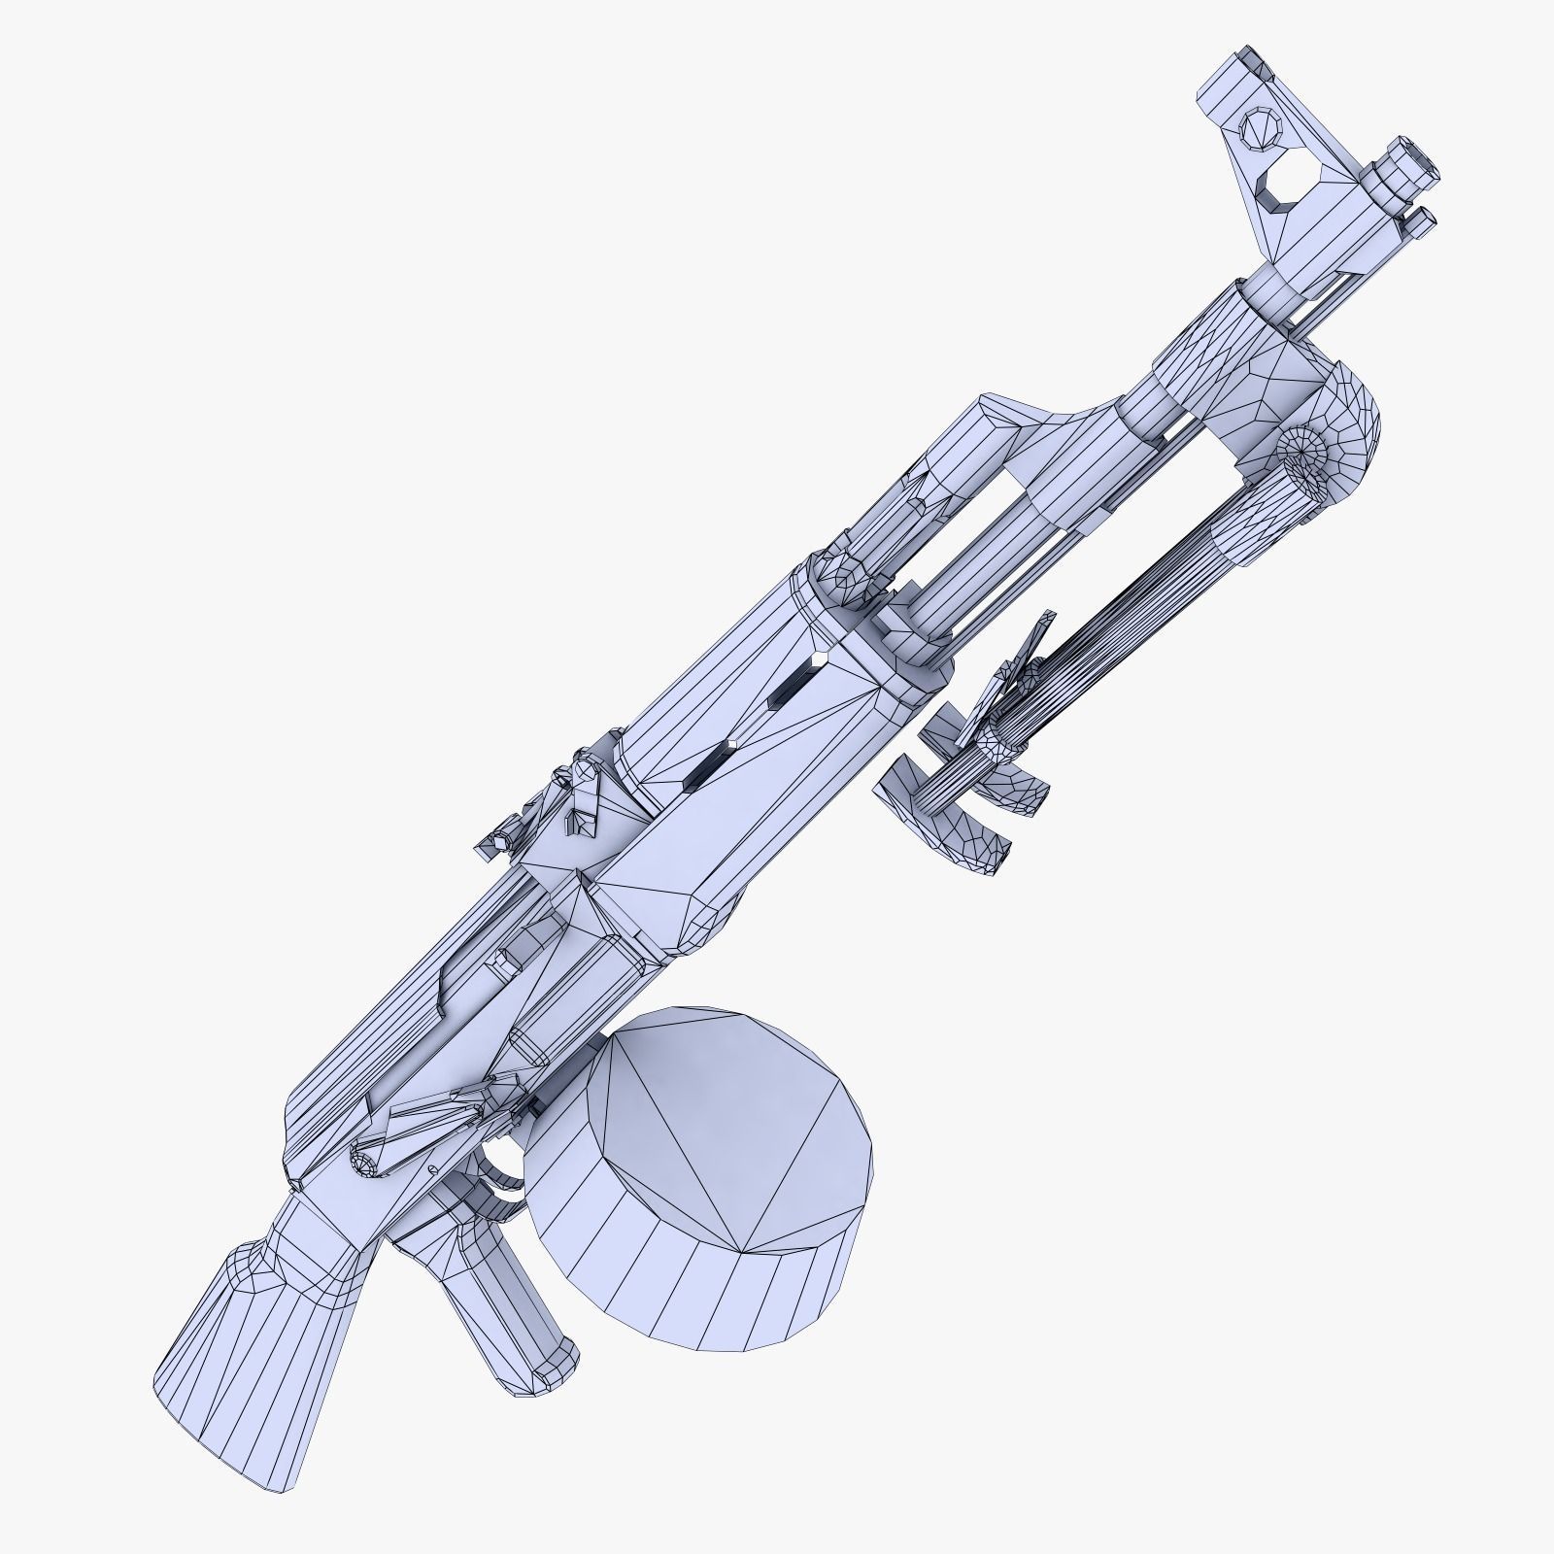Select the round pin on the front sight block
[1260, 128]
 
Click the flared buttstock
[243, 1350]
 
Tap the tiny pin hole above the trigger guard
[430, 1166]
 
